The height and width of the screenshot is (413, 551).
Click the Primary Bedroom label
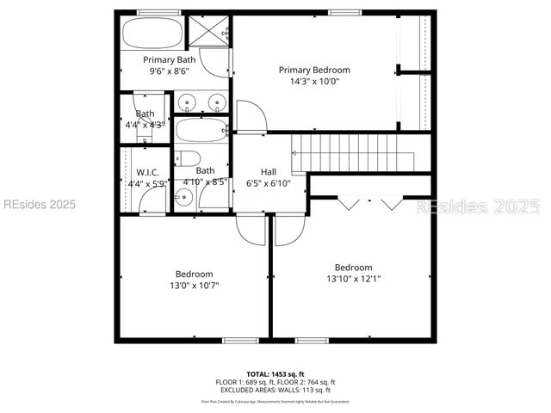click(314, 70)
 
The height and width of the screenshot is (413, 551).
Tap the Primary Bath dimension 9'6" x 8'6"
click(169, 72)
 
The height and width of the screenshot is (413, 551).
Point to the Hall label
click(269, 171)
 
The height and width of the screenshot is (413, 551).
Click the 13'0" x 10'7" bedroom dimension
click(194, 286)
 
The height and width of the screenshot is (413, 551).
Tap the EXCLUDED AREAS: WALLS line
click(275, 389)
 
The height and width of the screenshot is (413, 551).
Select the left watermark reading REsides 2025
click(39, 205)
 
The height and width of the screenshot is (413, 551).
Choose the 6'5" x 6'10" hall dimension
click(269, 182)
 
